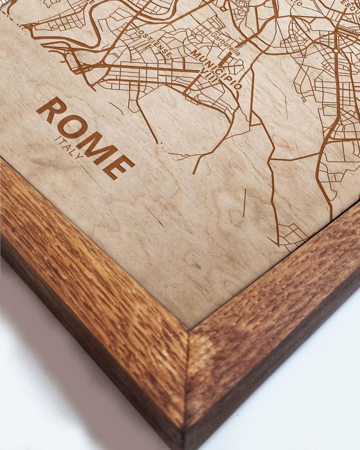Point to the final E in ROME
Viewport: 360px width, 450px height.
coord(119,166)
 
